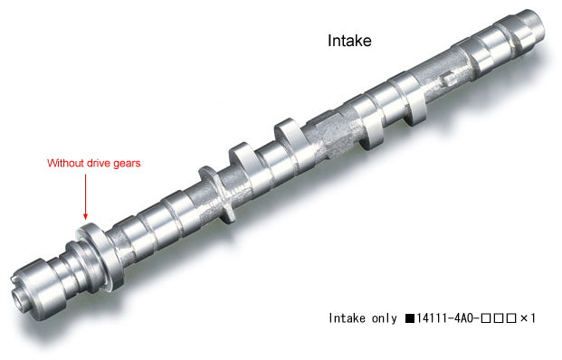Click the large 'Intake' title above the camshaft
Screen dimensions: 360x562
pyautogui.click(x=348, y=41)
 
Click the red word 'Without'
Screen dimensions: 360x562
pyautogui.click(x=68, y=164)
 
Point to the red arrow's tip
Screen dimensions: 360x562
pyautogui.click(x=86, y=218)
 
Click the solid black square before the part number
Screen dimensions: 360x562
pyautogui.click(x=410, y=318)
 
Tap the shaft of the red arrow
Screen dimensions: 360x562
pyautogui.click(x=86, y=194)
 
